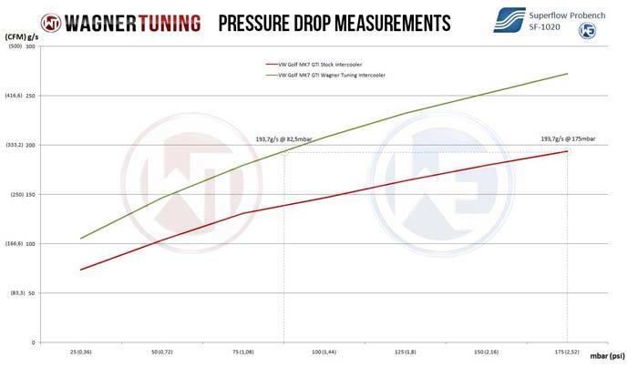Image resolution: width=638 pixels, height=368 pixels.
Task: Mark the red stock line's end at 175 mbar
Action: [568, 151]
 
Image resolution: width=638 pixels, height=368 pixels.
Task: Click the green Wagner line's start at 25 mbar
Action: [81, 239]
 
